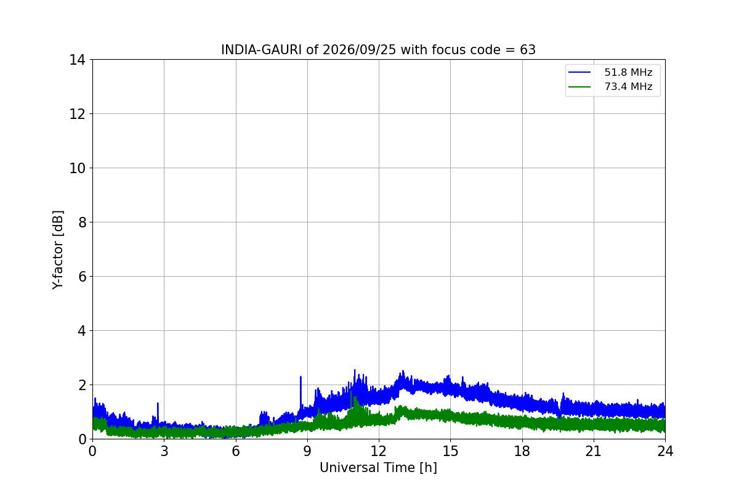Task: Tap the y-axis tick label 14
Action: point(77,60)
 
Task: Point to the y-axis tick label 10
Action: point(77,168)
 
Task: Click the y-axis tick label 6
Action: point(82,277)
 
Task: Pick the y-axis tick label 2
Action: point(82,385)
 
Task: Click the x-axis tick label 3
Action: point(164,451)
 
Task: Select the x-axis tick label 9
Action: point(307,451)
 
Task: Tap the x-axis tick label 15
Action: point(450,451)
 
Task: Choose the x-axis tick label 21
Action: point(594,451)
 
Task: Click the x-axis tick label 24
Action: point(665,451)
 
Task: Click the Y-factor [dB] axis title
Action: point(58,250)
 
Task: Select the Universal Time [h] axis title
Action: point(378,468)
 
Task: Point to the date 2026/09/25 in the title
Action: point(359,50)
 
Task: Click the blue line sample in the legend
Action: point(579,72)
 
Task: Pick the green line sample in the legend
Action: point(579,87)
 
